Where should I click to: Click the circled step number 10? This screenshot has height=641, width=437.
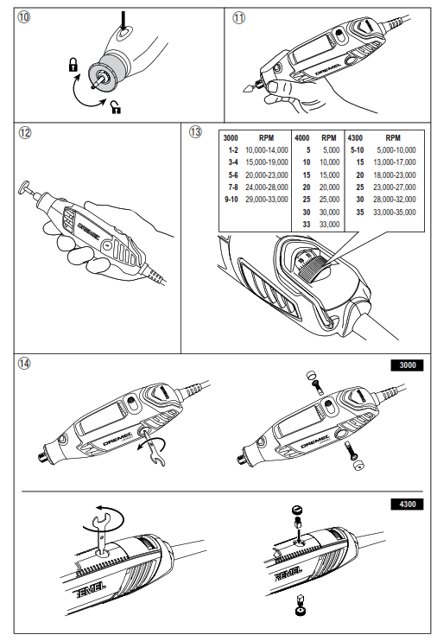pyautogui.click(x=24, y=17)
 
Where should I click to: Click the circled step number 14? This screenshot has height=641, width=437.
pyautogui.click(x=24, y=363)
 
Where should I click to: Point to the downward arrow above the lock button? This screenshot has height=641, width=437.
pyautogui.click(x=123, y=18)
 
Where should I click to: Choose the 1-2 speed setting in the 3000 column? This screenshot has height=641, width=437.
pyautogui.click(x=231, y=149)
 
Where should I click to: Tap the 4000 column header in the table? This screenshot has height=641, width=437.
pyautogui.click(x=302, y=137)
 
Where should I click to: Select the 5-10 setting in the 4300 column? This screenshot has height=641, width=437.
pyautogui.click(x=357, y=149)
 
